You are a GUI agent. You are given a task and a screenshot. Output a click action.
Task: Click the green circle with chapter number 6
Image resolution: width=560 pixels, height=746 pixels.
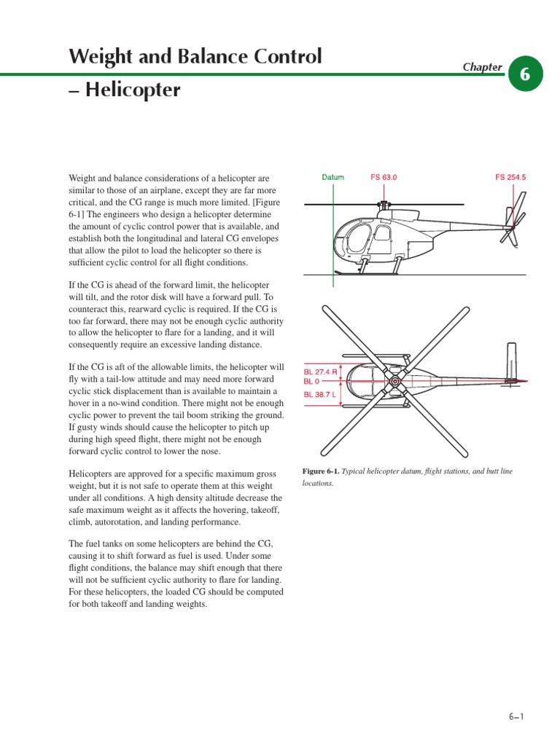525,74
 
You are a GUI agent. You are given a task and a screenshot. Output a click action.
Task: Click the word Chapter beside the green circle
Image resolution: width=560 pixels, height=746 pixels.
482,67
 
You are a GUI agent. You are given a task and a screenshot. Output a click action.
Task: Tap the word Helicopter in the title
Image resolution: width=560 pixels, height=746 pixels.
132,91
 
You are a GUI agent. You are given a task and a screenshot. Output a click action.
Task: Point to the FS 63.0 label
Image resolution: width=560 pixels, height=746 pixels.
384,177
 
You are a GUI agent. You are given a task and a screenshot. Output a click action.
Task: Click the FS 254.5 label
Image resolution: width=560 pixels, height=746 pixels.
510,177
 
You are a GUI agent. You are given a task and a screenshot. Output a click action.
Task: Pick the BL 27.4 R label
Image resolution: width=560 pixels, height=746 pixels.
321,372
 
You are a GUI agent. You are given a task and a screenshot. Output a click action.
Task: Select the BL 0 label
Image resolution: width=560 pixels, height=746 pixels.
312,381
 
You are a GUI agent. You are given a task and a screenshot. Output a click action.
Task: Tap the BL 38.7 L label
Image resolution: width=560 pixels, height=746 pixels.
321,396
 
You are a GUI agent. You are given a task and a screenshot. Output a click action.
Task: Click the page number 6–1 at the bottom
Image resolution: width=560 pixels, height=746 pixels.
516,717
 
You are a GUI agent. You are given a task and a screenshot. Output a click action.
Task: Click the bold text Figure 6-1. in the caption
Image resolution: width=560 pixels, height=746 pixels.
322,471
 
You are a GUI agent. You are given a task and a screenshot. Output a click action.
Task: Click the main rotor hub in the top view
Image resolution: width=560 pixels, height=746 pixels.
394,381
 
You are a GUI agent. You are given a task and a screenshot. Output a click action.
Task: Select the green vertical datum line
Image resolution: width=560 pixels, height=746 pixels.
333,240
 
